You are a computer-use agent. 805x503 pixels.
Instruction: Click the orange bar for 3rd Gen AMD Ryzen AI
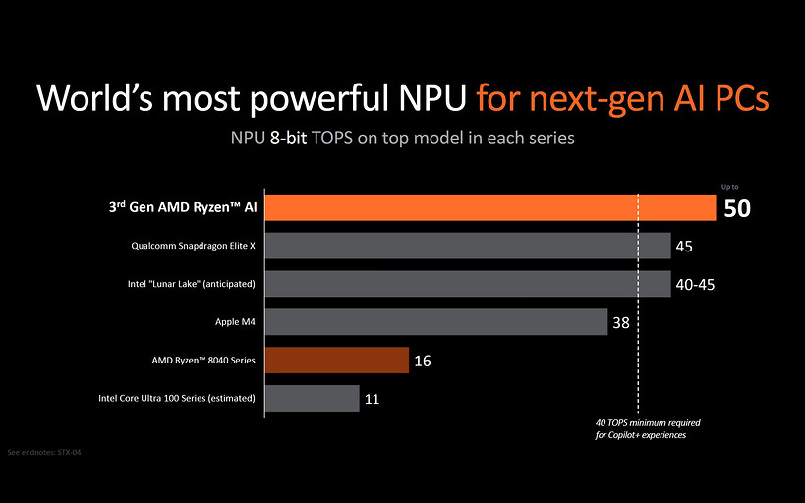tap(489, 207)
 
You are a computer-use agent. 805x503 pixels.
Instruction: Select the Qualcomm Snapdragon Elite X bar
tap(468, 246)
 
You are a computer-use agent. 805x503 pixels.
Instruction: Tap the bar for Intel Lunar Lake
tap(468, 284)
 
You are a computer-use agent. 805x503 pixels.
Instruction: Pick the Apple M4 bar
tap(435, 322)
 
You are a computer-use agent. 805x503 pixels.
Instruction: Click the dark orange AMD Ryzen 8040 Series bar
tap(336, 361)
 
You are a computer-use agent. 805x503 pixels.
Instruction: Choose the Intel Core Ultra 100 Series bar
tap(312, 398)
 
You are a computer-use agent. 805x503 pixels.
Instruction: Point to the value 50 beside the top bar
tap(737, 208)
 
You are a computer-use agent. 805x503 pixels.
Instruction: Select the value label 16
tap(423, 361)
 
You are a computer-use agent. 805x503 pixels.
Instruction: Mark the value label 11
tap(373, 399)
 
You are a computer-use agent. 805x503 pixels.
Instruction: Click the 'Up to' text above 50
tap(729, 186)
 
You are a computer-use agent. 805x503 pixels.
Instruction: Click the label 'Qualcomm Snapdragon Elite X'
tap(193, 246)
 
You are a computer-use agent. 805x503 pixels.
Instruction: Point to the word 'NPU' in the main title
tap(424, 99)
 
